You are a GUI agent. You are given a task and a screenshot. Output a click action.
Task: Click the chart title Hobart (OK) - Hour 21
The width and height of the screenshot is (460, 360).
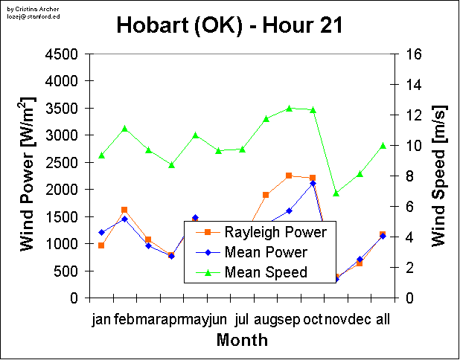[x=230, y=25]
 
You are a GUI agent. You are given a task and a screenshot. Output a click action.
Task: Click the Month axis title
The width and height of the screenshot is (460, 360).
[x=242, y=341]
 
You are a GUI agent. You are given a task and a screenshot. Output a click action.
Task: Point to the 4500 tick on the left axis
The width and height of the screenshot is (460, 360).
[x=61, y=54]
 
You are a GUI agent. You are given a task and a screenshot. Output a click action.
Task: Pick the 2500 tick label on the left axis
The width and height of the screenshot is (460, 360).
[x=61, y=163]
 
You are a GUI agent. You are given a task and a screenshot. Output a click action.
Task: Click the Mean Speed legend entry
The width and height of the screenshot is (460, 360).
[x=266, y=272]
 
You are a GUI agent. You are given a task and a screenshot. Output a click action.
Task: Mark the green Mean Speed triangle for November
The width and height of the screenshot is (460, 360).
[x=336, y=193]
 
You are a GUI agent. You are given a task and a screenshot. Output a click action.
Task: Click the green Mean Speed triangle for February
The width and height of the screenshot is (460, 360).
[x=124, y=129]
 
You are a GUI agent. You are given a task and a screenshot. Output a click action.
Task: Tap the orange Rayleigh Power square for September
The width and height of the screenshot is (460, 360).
[x=289, y=176]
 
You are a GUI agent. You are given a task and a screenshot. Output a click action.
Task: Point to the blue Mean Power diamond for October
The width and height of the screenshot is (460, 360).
[x=313, y=183]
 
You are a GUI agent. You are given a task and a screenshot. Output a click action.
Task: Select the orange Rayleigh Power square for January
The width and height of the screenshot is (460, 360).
[x=101, y=245]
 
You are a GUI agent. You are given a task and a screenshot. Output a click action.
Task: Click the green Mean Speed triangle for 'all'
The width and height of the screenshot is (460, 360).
[x=383, y=145]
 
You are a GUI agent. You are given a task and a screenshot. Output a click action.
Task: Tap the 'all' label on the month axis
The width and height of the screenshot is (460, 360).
[x=383, y=321]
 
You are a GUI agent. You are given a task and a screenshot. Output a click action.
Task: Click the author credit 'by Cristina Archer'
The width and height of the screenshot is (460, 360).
[x=25, y=7]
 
